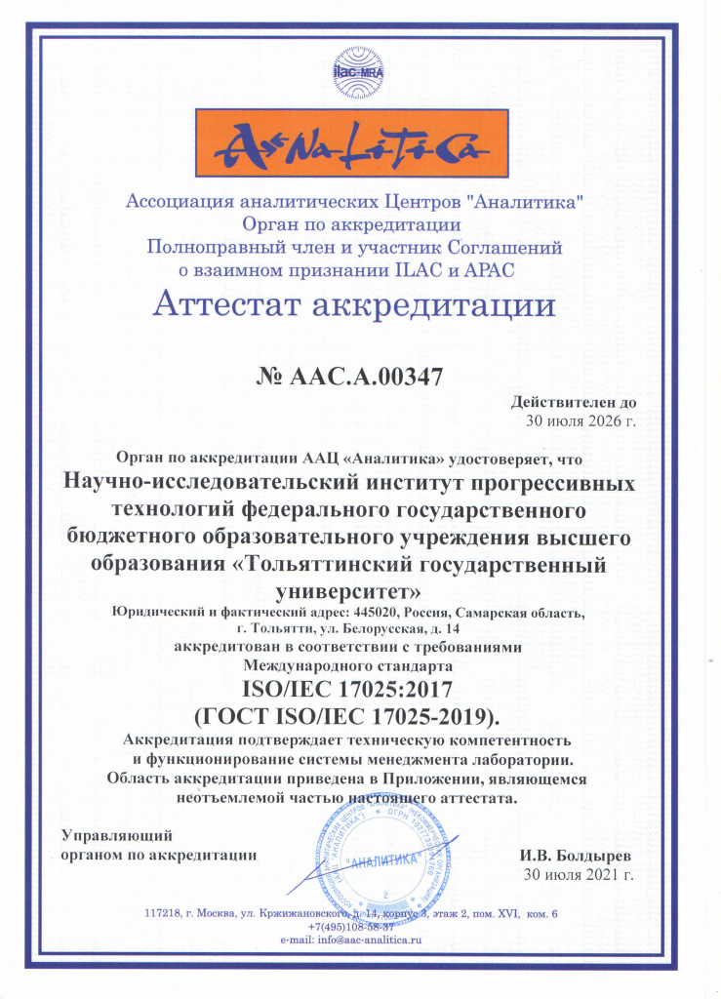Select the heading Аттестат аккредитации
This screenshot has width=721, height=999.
[355, 305]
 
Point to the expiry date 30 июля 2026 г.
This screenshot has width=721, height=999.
[580, 421]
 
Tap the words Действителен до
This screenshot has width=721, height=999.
[573, 402]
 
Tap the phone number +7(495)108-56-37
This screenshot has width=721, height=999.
[351, 926]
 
